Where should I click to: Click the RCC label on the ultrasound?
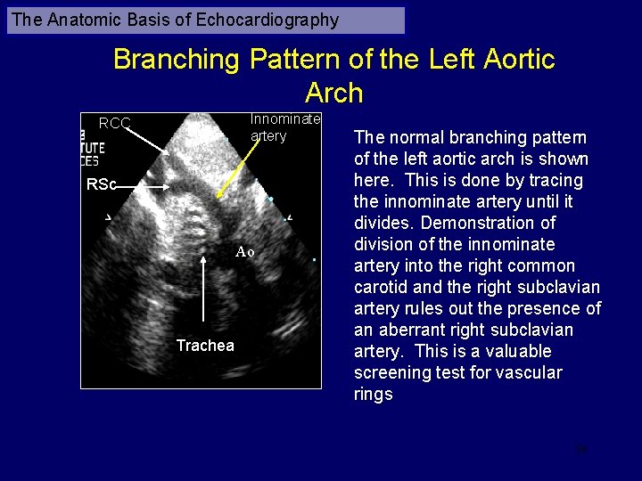[115, 123]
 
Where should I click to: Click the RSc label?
[101, 185]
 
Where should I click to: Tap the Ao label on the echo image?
[245, 252]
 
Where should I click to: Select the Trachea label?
[205, 346]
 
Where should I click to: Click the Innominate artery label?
[284, 127]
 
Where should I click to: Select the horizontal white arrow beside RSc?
[143, 186]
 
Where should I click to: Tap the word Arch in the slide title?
[333, 93]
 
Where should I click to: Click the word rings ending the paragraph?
[373, 394]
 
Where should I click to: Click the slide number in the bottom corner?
[581, 449]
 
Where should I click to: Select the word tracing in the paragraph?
[558, 180]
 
